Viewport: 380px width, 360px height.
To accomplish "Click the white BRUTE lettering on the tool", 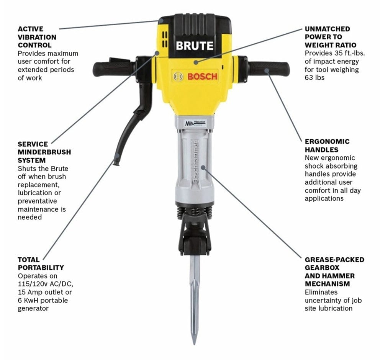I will (194, 46).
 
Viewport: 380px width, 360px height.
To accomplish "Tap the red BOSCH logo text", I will (202, 76).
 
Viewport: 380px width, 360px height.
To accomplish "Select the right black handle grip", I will (268, 69).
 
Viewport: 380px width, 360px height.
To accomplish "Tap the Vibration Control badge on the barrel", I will (195, 123).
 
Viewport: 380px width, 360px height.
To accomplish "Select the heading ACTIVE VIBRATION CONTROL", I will (37, 37).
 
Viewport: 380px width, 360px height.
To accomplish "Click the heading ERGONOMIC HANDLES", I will (327, 146).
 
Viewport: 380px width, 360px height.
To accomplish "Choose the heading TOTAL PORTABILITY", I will (41, 263).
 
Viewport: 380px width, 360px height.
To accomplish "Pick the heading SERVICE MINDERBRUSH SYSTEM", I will (44, 152).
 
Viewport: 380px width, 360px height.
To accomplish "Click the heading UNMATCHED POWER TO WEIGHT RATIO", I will (330, 37).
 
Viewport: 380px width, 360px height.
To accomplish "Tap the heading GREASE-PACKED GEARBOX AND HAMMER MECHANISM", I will (334, 272).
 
